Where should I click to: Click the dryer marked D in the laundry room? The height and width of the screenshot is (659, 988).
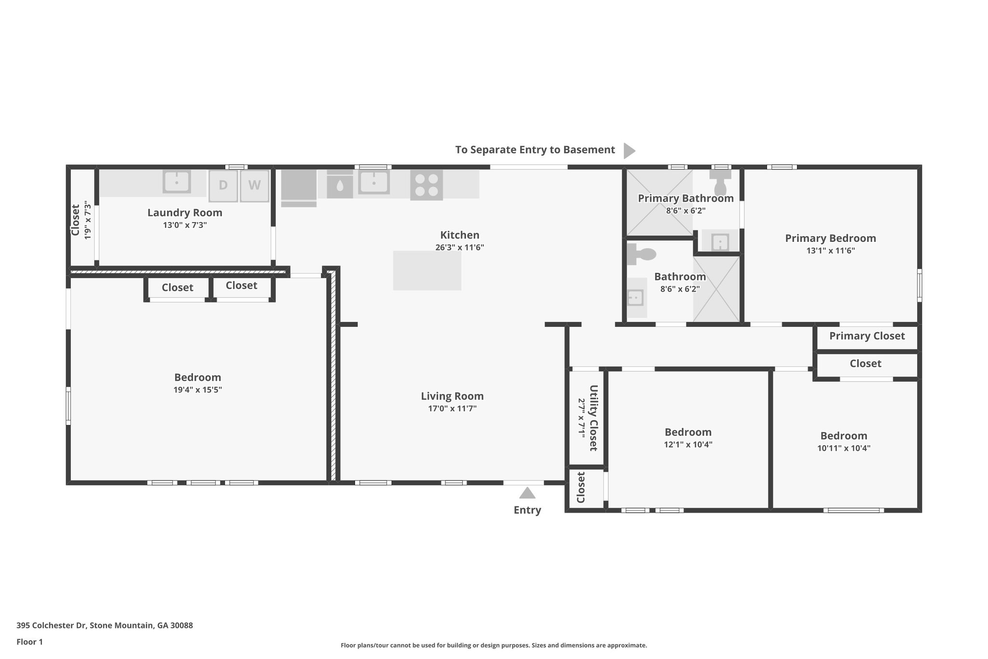click(x=223, y=186)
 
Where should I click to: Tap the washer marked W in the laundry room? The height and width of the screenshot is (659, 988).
click(x=254, y=186)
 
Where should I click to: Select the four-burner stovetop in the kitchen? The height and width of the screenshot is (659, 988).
click(x=426, y=185)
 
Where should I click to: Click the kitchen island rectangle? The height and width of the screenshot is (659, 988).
click(x=427, y=270)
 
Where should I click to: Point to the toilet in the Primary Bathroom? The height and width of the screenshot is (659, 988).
click(x=720, y=184)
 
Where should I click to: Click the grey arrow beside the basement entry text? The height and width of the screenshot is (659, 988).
click(x=629, y=151)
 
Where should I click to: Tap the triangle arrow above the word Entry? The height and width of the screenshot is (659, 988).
click(x=527, y=493)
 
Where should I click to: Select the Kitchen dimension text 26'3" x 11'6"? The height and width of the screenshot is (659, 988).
click(x=459, y=248)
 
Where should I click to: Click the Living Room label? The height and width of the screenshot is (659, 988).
click(x=452, y=396)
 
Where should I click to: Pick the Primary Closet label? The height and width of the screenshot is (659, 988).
click(x=867, y=336)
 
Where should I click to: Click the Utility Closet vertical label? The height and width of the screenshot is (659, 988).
click(x=593, y=418)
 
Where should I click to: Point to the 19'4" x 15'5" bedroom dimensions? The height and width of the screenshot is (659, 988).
click(x=197, y=390)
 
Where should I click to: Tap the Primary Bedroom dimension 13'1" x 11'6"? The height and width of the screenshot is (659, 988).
click(x=830, y=251)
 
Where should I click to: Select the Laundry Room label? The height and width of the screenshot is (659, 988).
click(x=185, y=213)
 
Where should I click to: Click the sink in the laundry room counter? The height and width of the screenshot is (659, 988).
click(x=177, y=182)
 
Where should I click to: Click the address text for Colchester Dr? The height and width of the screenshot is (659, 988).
click(x=105, y=626)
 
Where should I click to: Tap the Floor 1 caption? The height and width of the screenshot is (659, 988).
click(x=29, y=642)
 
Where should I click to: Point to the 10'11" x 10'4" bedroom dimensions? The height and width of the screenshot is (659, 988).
click(x=843, y=448)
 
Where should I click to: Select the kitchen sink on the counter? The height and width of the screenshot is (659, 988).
click(x=373, y=182)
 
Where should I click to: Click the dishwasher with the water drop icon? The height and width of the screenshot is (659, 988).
click(x=340, y=185)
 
